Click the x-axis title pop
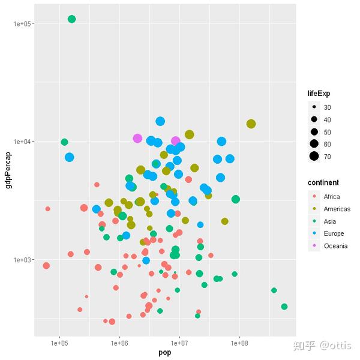(x=165, y=353)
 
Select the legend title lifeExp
(x=319, y=94)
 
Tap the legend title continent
(x=323, y=182)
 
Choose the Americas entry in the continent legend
(x=337, y=209)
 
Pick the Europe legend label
(x=334, y=233)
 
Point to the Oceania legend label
(x=335, y=246)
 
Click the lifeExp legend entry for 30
(x=327, y=107)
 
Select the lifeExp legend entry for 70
(x=327, y=157)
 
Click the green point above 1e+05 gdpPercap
(x=72, y=19)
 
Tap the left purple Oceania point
(x=137, y=139)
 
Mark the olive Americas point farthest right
(x=251, y=124)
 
